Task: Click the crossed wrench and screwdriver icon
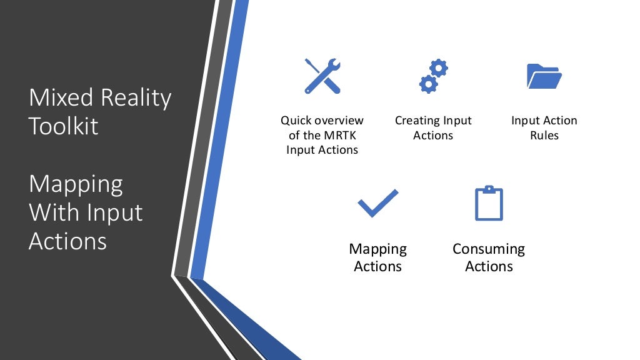click(x=322, y=76)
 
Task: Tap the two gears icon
click(x=433, y=76)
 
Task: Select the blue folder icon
click(x=544, y=76)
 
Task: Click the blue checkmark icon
click(x=377, y=204)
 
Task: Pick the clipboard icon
click(x=489, y=203)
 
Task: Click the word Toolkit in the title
click(x=64, y=126)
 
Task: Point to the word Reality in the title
click(x=134, y=99)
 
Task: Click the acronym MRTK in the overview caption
click(x=342, y=135)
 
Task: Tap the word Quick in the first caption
click(x=296, y=121)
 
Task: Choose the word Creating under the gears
click(x=417, y=121)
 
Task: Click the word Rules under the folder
click(x=544, y=135)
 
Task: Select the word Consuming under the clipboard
click(x=489, y=249)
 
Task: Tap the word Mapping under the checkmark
click(x=377, y=249)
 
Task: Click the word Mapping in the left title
click(x=76, y=185)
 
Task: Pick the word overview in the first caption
click(x=340, y=121)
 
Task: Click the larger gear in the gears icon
click(x=428, y=83)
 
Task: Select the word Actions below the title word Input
click(x=67, y=241)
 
